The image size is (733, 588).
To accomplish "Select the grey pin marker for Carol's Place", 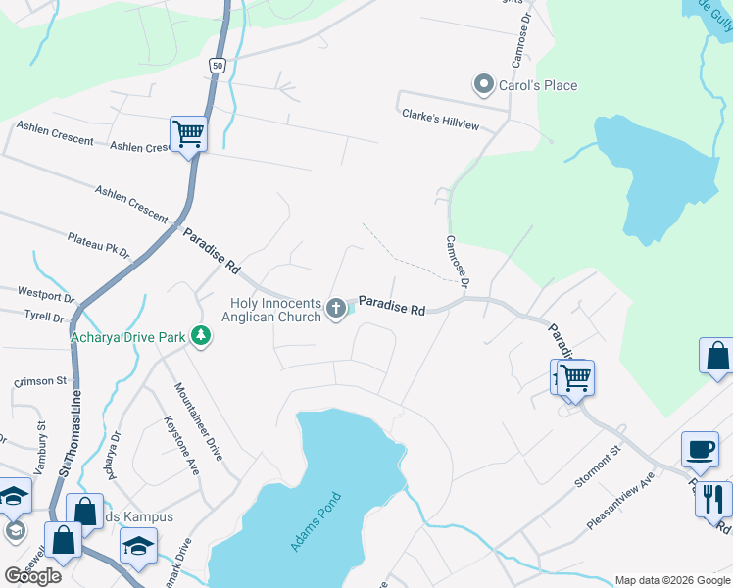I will click(x=482, y=85).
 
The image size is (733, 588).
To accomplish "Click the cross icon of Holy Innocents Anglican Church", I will click(x=336, y=309).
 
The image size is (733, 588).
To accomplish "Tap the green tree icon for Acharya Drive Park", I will click(x=201, y=336).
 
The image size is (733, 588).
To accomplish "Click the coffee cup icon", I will click(x=700, y=449).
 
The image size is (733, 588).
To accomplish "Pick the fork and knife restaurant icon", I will click(x=712, y=498).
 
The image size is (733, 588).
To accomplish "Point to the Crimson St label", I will click(x=39, y=381).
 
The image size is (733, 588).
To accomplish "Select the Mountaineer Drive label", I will click(x=198, y=421).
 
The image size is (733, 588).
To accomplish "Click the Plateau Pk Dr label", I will click(x=98, y=245).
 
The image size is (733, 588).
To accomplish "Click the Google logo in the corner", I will click(x=33, y=575).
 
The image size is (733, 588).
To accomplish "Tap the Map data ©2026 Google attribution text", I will click(x=671, y=580).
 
